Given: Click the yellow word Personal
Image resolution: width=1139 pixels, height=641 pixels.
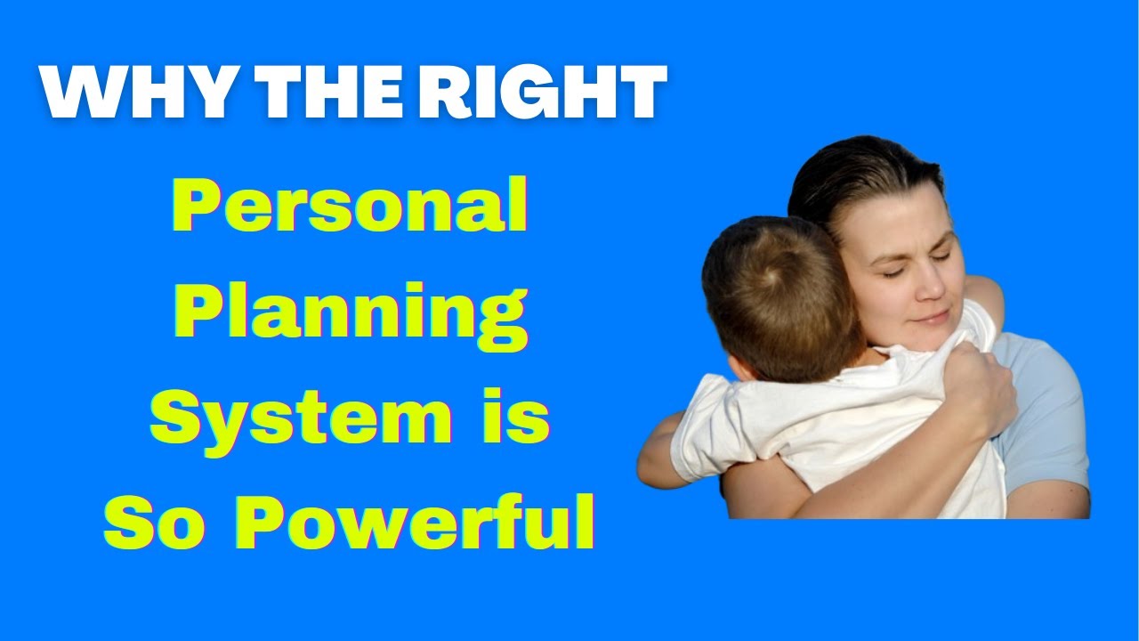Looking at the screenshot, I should click(x=350, y=207).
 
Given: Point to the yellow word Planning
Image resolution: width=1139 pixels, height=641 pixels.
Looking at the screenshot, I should click(x=350, y=313).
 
